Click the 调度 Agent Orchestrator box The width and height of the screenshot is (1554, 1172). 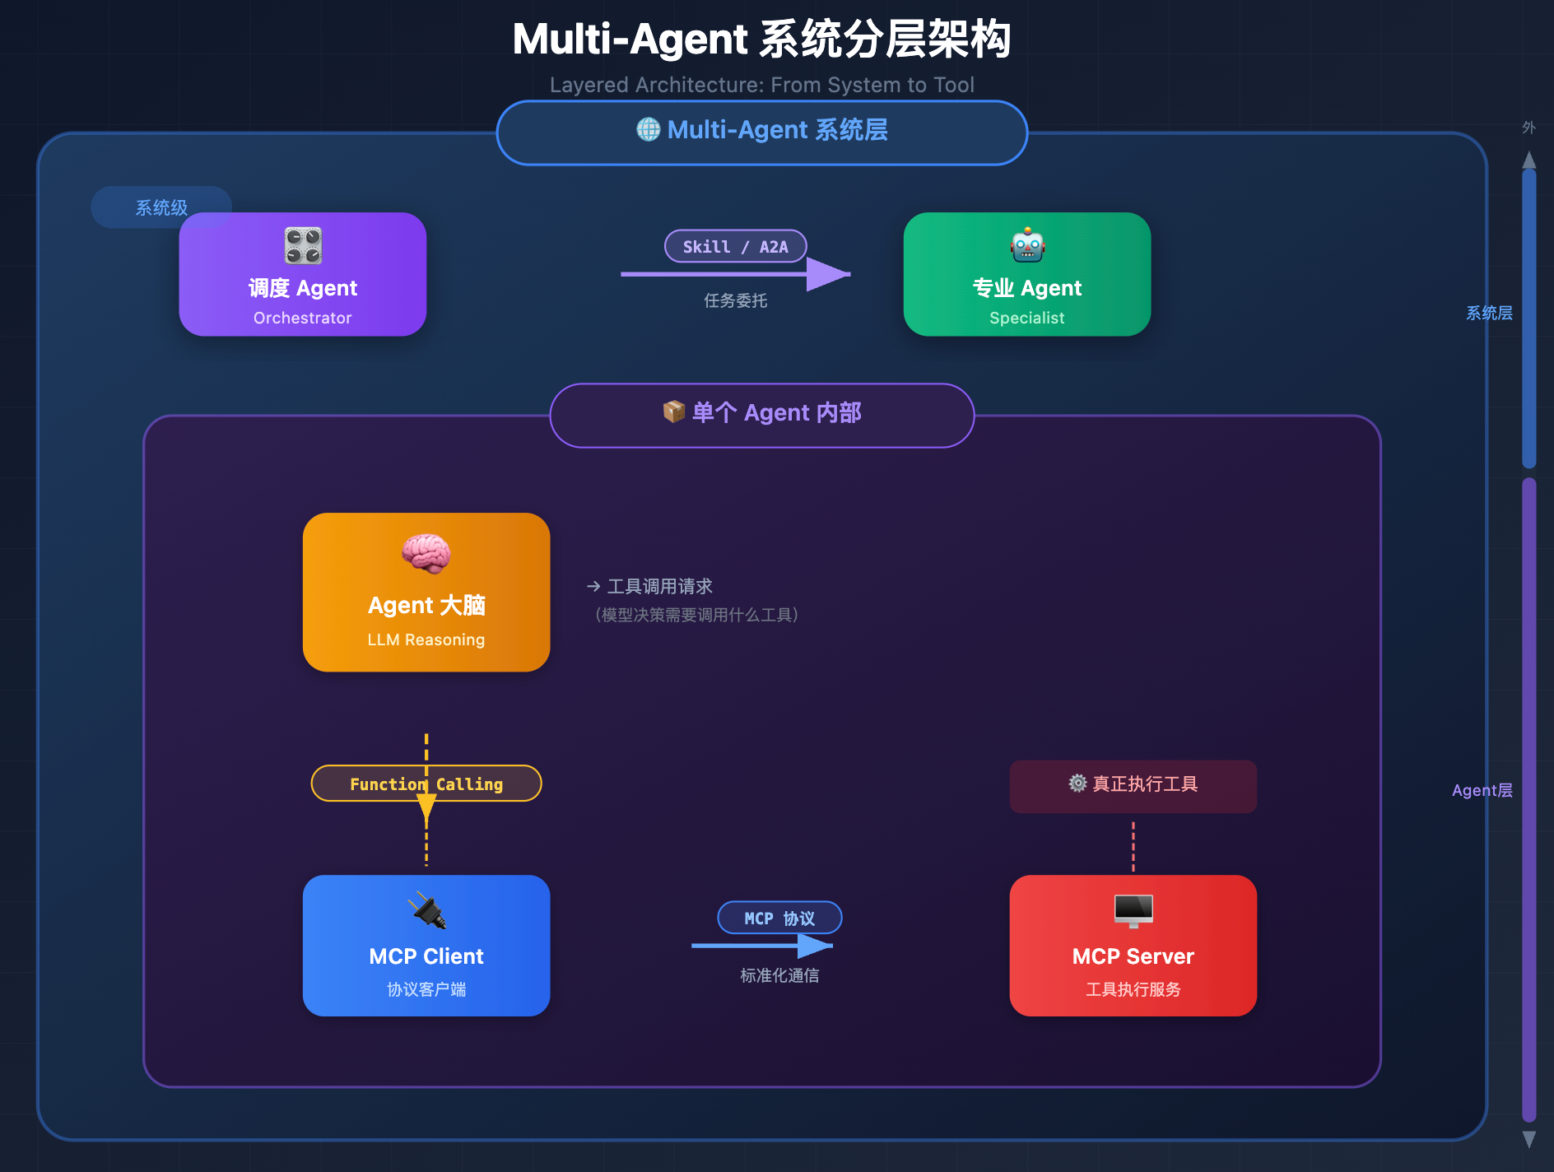[302, 275]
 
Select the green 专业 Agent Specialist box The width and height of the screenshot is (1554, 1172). [1026, 275]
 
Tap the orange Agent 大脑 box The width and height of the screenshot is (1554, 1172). [426, 593]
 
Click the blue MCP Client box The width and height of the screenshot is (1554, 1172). [426, 946]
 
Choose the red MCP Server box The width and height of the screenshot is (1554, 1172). [1133, 946]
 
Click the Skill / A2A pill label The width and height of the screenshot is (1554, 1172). [735, 246]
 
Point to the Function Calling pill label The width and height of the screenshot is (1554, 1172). [426, 784]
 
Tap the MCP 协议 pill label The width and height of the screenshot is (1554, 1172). [779, 918]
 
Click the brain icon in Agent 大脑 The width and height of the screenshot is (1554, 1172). [426, 553]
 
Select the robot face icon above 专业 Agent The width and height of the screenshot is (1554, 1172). [1027, 245]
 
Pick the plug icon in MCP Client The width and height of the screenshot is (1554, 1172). [426, 911]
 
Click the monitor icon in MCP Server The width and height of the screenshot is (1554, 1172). [1133, 910]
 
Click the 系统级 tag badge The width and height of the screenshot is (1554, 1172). [161, 207]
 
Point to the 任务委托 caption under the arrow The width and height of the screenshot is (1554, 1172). [735, 301]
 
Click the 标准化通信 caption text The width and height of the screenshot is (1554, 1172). [779, 976]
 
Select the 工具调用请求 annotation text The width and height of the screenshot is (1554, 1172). [658, 587]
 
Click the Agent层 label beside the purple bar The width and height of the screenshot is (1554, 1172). [1482, 790]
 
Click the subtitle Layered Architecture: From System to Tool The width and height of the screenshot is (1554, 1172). [761, 85]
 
